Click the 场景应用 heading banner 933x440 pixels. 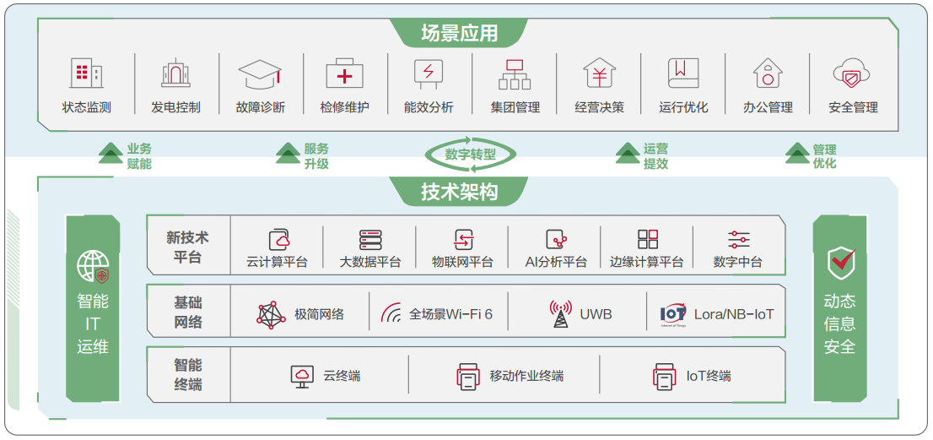459,33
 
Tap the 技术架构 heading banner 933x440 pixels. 459,192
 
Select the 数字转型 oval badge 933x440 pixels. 470,155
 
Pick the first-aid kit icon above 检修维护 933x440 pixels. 344,73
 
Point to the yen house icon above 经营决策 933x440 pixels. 599,73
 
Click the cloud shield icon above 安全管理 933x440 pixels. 852,73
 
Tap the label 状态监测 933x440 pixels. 86,108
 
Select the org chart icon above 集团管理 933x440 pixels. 514,73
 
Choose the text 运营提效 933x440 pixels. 655,156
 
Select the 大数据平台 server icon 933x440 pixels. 370,239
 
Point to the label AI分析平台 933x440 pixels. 556,262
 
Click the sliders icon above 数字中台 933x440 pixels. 738,239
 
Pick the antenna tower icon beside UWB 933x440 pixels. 560,314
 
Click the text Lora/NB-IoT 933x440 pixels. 734,314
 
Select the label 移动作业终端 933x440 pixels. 526,377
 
